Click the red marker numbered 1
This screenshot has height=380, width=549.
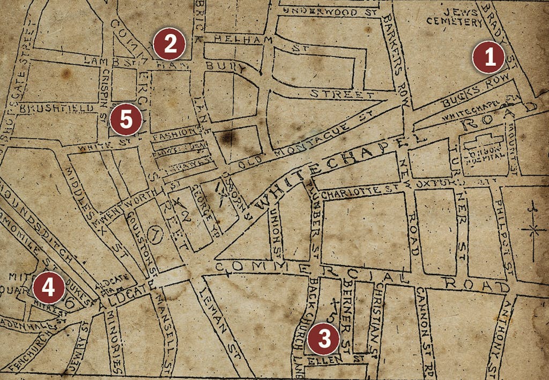[488, 59]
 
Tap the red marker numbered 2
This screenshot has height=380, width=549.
[169, 45]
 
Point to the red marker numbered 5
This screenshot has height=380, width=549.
[125, 120]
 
